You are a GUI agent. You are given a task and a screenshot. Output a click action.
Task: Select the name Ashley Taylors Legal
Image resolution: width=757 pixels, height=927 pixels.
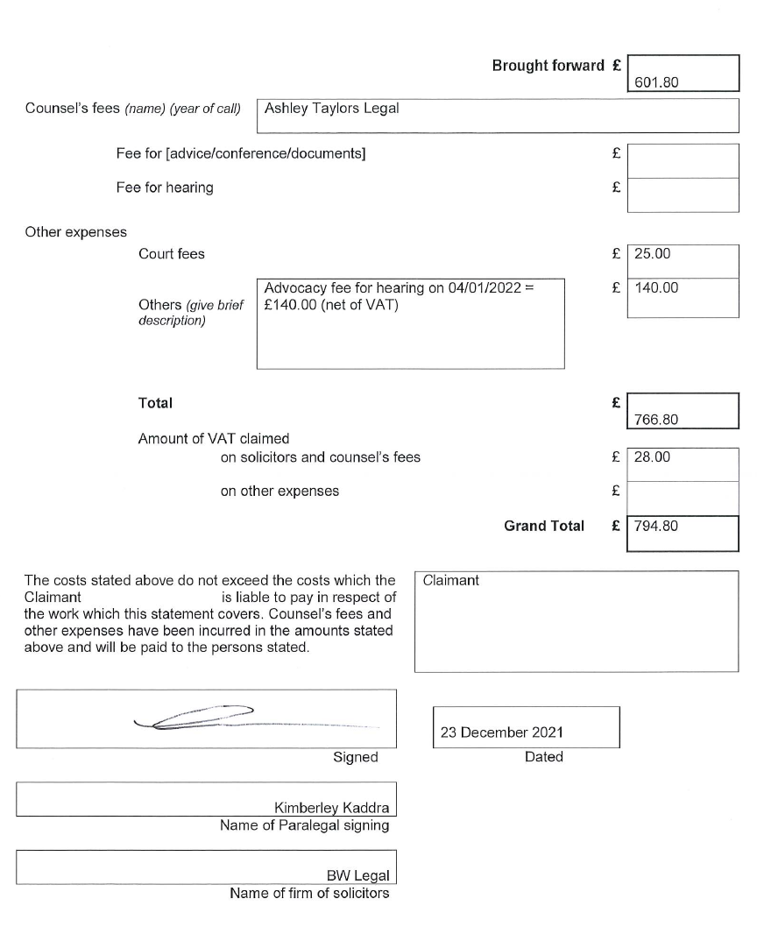point(332,109)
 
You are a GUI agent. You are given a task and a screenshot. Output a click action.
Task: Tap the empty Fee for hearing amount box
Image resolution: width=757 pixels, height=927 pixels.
point(683,195)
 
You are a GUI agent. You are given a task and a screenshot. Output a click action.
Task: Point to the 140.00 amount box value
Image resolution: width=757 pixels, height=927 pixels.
point(656,287)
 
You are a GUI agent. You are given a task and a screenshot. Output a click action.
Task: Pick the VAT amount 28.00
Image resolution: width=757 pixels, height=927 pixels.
point(652,456)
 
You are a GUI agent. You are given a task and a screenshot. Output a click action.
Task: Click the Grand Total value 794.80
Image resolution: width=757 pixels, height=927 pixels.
point(656,527)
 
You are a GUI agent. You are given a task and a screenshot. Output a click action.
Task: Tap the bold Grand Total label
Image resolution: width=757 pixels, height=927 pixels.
point(543,527)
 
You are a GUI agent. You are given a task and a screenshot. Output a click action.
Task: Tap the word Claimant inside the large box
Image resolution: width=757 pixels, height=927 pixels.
point(450,580)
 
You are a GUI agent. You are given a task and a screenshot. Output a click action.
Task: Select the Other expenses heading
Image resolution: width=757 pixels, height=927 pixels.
point(75,232)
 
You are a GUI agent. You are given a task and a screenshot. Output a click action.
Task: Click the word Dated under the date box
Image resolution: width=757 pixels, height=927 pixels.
point(543,757)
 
